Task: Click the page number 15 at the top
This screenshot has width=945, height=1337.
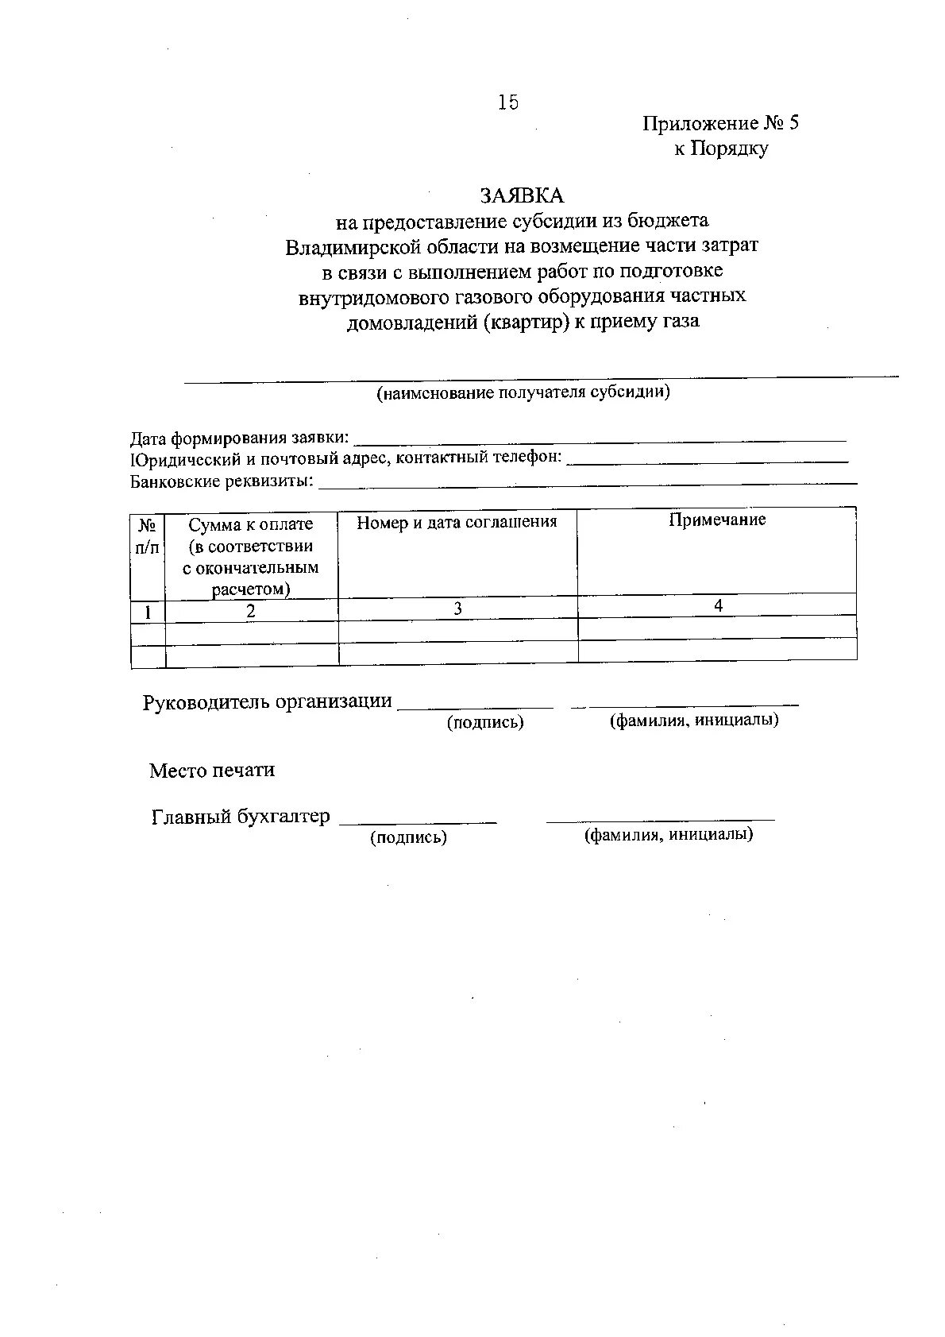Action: tap(507, 102)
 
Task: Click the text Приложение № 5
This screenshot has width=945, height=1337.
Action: tap(720, 123)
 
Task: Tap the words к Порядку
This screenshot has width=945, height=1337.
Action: tap(721, 149)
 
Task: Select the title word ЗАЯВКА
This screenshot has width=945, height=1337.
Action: tap(521, 195)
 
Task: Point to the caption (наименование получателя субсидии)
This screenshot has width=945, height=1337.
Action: tap(523, 392)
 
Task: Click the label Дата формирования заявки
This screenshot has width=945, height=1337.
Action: tap(239, 438)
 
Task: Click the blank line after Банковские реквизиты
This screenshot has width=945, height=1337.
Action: tap(587, 481)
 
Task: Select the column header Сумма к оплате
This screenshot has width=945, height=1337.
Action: tap(251, 525)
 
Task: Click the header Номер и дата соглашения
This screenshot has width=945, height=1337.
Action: tap(457, 523)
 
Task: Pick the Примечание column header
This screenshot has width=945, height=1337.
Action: tap(716, 520)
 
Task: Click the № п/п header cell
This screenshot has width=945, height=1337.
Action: tap(148, 536)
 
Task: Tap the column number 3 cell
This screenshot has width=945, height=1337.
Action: tap(457, 609)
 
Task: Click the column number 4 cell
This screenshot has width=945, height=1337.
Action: tap(717, 605)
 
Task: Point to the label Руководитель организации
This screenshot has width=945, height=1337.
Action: tap(267, 702)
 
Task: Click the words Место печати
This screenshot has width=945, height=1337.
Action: tap(212, 770)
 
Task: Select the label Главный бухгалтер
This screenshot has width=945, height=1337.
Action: tap(240, 817)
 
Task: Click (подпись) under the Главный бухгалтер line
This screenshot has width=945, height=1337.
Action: tap(408, 837)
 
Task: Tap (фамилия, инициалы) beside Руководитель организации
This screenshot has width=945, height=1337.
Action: tap(693, 721)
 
